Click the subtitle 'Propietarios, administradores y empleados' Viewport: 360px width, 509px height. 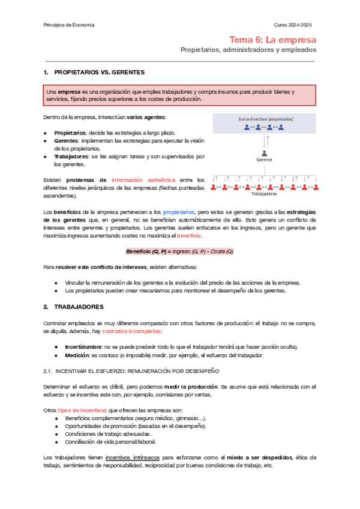click(x=248, y=50)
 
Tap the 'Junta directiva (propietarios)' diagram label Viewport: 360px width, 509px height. click(x=263, y=119)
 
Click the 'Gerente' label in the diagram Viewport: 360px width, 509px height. click(x=263, y=160)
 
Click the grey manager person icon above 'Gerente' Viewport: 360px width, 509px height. click(x=263, y=152)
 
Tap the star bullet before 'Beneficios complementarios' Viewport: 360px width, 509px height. click(x=56, y=418)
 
